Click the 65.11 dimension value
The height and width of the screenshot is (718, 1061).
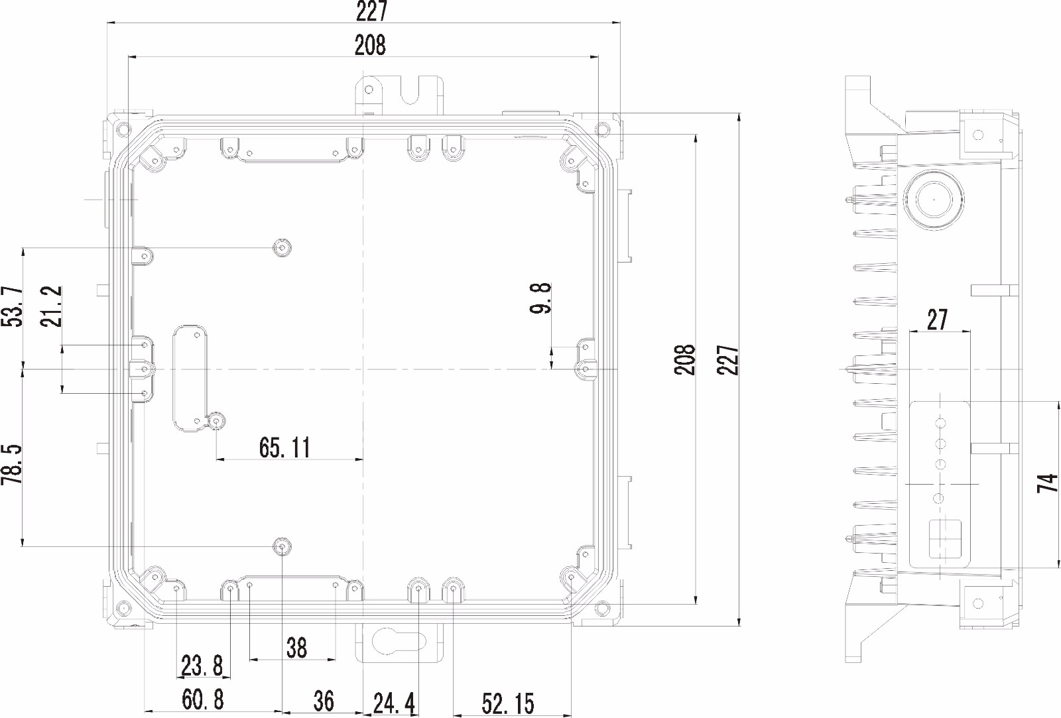pyautogui.click(x=284, y=448)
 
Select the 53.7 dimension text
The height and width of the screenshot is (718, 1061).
pyautogui.click(x=13, y=306)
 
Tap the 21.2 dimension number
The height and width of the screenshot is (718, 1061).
pyautogui.click(x=51, y=306)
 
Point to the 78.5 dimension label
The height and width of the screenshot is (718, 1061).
pyautogui.click(x=13, y=465)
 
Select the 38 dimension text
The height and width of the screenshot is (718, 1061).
pyautogui.click(x=296, y=647)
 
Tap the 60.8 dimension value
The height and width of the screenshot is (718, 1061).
pyautogui.click(x=202, y=700)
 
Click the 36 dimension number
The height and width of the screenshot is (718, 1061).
pyautogui.click(x=323, y=700)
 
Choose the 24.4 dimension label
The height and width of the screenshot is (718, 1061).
pyautogui.click(x=394, y=703)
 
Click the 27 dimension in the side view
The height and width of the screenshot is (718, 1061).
pyautogui.click(x=937, y=320)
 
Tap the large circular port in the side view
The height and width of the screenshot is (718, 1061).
pyautogui.click(x=934, y=199)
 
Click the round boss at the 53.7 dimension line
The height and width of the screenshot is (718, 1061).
pyautogui.click(x=282, y=248)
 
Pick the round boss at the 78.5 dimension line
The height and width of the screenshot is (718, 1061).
pyautogui.click(x=282, y=546)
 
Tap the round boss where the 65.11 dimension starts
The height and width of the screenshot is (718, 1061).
pyautogui.click(x=217, y=421)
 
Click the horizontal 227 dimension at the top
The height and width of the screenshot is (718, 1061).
pyautogui.click(x=371, y=11)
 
